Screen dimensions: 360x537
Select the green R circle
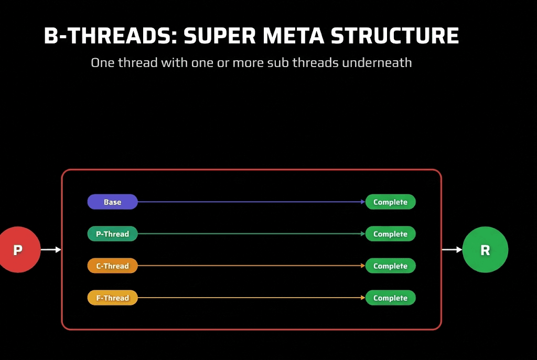[x=485, y=250]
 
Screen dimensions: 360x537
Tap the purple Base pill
[x=112, y=202]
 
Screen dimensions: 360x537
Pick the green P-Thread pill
[x=112, y=234]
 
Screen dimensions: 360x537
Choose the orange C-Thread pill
[x=112, y=266]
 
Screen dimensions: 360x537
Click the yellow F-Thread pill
[x=112, y=298]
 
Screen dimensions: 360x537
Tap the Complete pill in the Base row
[x=390, y=202]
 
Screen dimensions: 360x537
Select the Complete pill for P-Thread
[x=390, y=234]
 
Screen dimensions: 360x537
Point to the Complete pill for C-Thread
[x=390, y=266]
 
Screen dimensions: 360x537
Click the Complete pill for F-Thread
[x=390, y=298]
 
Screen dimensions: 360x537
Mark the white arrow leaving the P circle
[x=51, y=250]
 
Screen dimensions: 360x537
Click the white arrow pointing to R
[x=452, y=250]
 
